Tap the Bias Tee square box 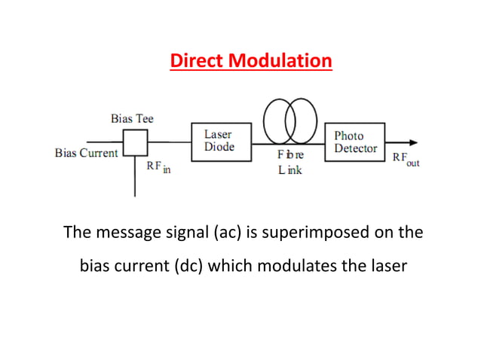coord(136,142)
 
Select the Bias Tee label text coord(132,119)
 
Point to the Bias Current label coord(87,153)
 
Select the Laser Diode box coord(219,141)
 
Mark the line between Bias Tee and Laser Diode coord(170,142)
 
